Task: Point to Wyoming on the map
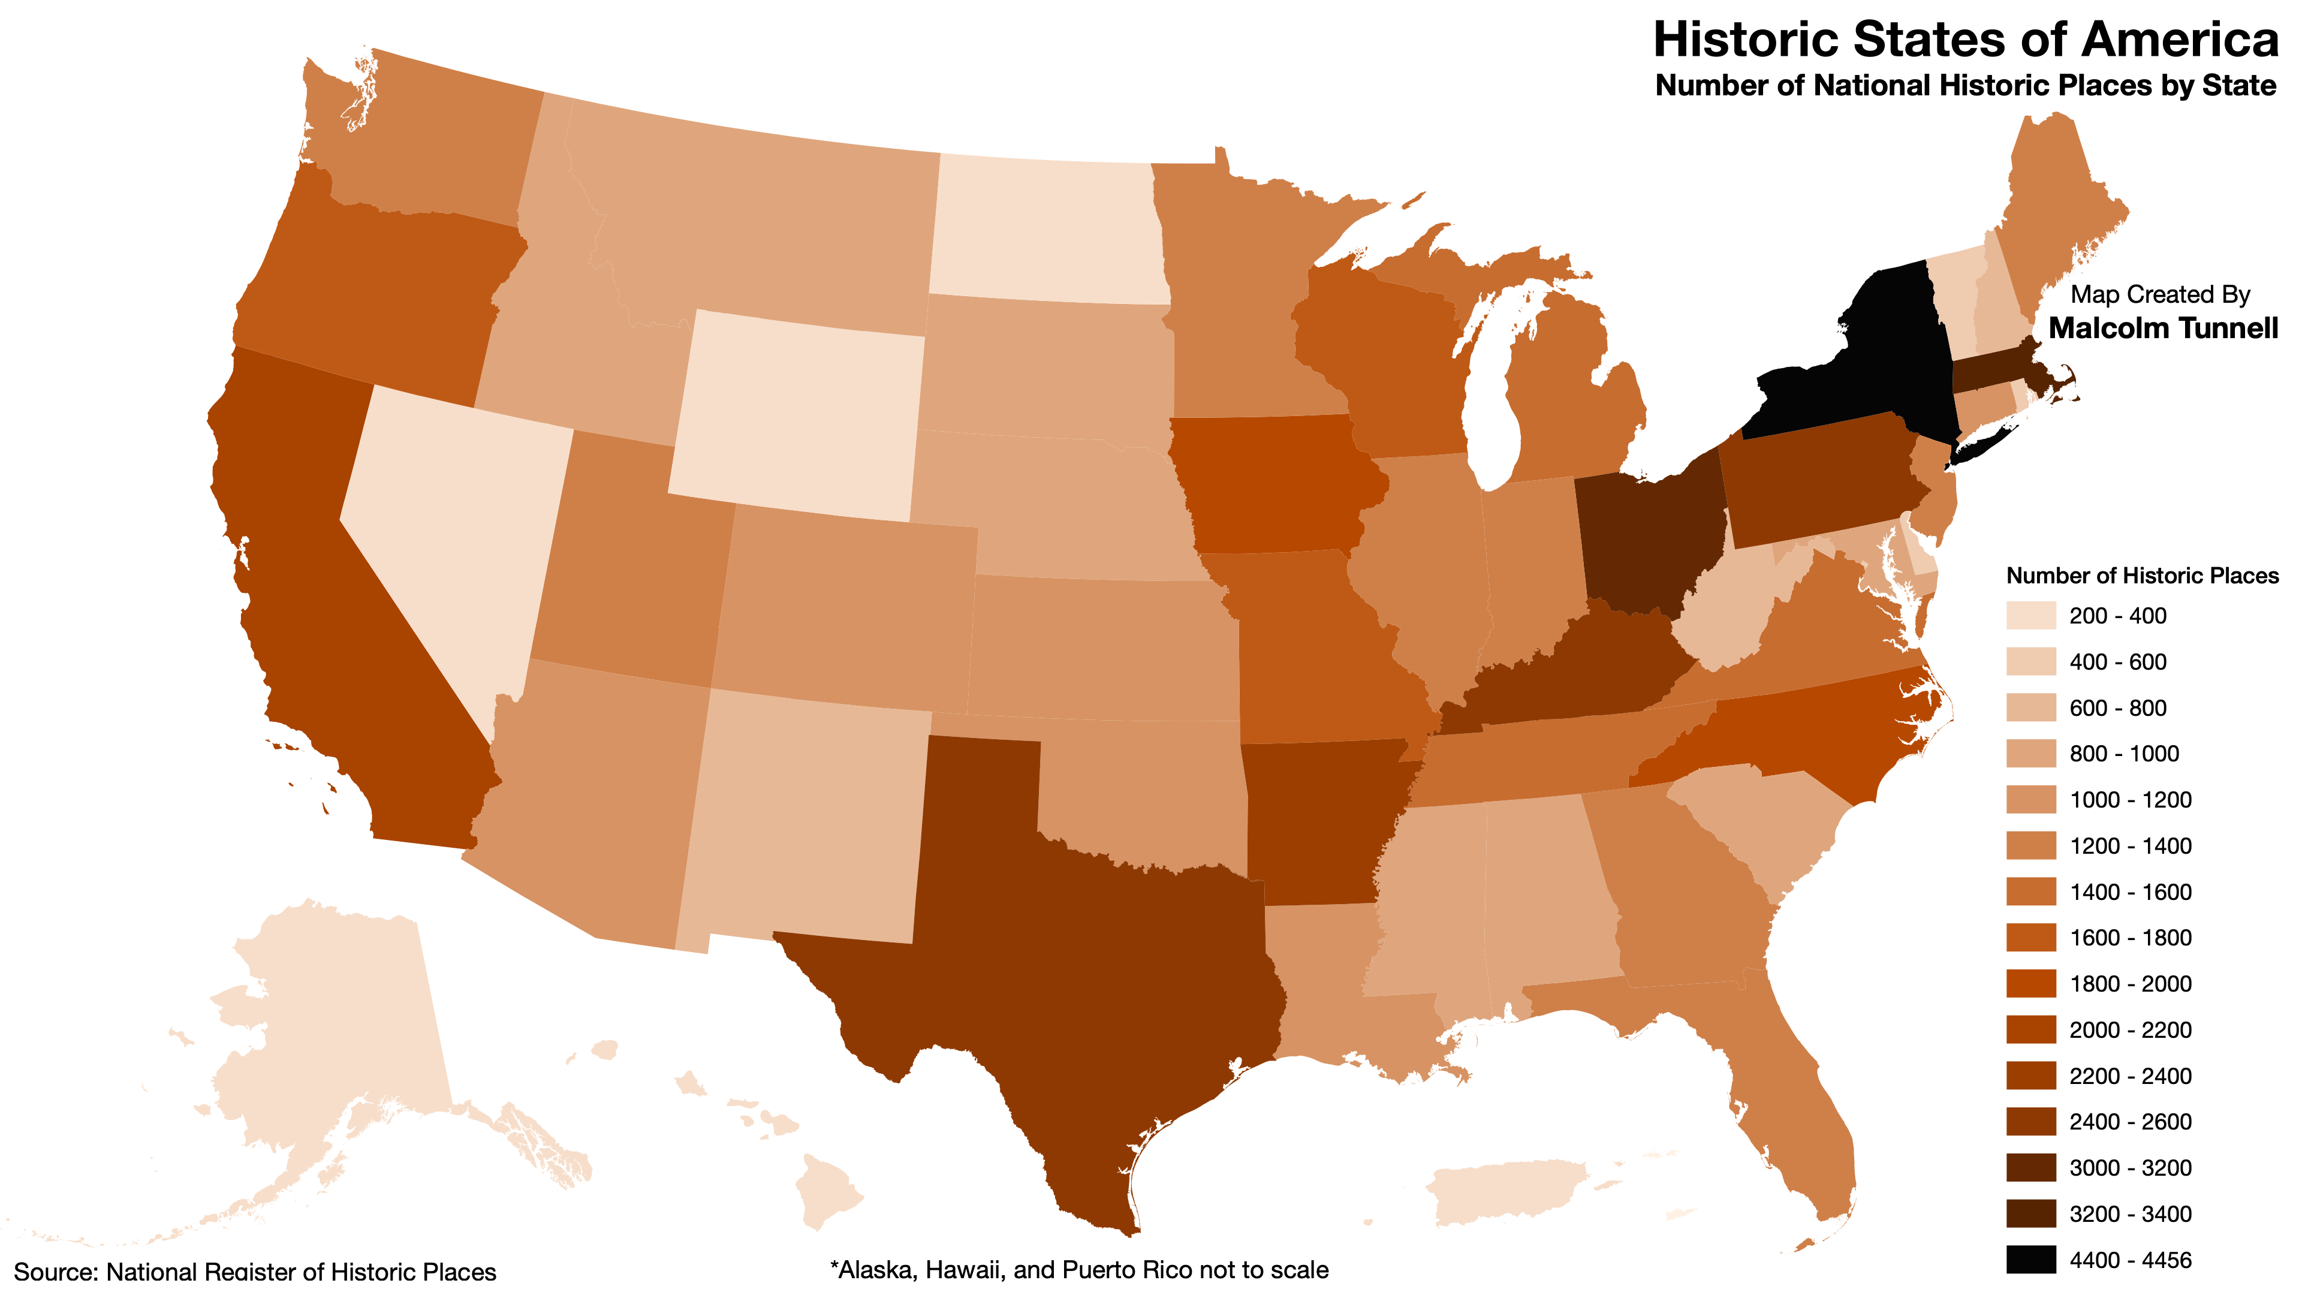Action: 796,415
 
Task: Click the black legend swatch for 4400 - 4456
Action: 2030,1259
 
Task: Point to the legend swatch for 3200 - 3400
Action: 2030,1213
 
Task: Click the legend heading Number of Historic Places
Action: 2141,576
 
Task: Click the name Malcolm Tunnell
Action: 2162,328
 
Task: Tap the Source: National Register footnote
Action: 255,1272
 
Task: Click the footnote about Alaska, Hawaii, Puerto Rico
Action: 1078,1270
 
